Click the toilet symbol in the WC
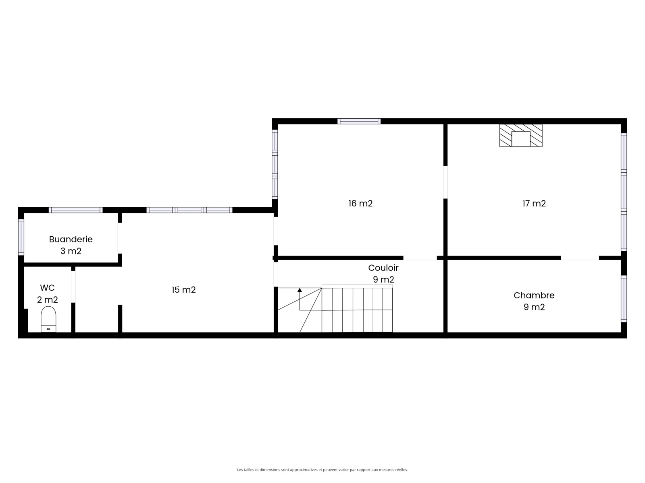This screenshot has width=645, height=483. [48, 319]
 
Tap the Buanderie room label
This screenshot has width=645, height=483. [71, 239]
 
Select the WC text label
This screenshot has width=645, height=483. [47, 288]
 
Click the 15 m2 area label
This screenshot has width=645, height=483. [184, 290]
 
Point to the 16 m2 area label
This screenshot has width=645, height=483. [360, 203]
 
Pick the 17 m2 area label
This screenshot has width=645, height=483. [534, 203]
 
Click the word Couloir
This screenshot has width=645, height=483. [383, 268]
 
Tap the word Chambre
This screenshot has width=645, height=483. [534, 295]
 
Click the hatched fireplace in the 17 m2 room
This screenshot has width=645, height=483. [521, 135]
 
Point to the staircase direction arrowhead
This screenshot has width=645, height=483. [300, 290]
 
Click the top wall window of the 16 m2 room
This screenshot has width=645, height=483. [359, 121]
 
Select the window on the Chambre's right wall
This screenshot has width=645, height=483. [624, 299]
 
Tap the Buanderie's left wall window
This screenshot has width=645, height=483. [21, 237]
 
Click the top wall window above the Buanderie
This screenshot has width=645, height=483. [75, 210]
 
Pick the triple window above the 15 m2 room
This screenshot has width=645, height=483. [189, 210]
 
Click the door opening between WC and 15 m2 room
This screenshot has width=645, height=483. [73, 287]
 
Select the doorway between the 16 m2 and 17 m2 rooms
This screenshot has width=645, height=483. [445, 182]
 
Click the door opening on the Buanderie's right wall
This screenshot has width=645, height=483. [120, 238]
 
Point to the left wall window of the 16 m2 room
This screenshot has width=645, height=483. [275, 164]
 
